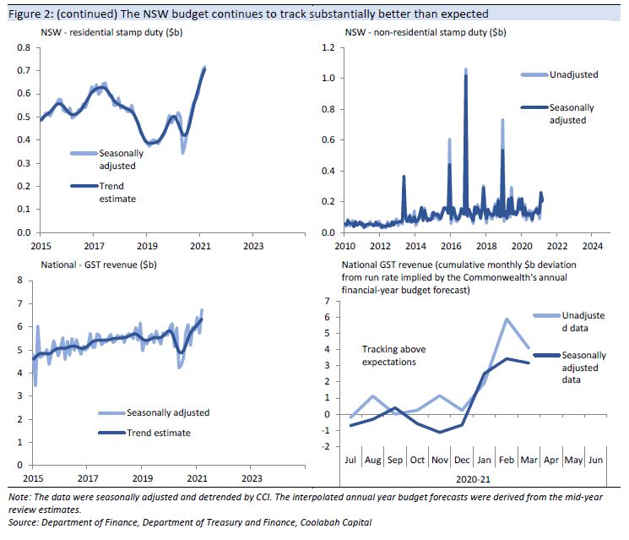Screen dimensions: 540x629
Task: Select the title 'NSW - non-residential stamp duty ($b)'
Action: [426, 32]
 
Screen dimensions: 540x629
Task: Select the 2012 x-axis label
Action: [381, 246]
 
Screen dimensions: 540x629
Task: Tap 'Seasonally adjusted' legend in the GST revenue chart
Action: [167, 412]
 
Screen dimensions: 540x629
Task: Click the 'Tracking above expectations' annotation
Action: [393, 356]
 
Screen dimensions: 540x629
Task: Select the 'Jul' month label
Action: [352, 461]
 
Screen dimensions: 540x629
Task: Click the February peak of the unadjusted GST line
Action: [506, 319]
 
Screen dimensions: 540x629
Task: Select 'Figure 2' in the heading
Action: [26, 14]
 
